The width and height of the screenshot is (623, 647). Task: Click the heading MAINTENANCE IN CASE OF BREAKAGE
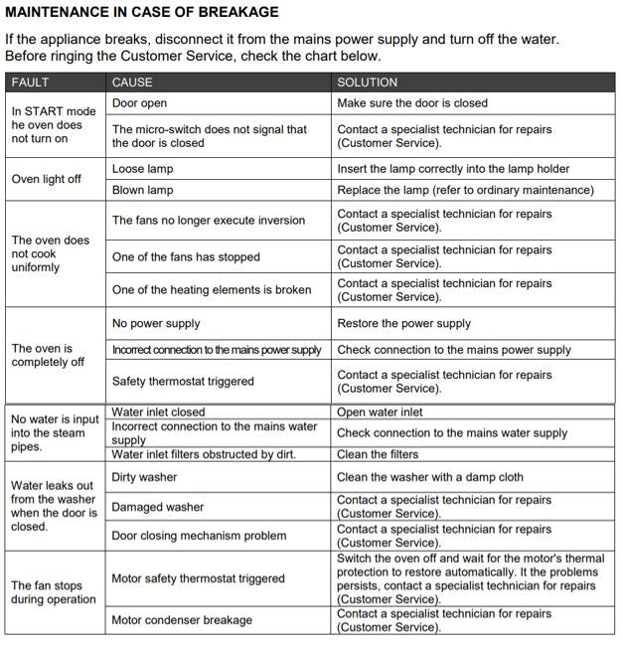(x=142, y=13)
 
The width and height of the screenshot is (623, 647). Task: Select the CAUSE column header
(x=132, y=82)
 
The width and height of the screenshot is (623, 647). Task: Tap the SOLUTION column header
(x=367, y=82)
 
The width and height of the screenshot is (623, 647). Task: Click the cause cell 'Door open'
(x=139, y=103)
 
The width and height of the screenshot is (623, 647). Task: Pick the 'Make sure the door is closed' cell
(x=412, y=103)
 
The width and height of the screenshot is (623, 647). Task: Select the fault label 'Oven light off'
(x=47, y=180)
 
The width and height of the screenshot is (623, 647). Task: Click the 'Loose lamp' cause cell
(x=142, y=170)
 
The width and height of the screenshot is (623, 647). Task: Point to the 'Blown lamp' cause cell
(x=142, y=190)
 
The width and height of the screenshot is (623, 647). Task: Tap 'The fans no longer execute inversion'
(x=209, y=221)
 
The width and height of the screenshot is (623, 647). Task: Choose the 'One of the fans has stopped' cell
(x=186, y=257)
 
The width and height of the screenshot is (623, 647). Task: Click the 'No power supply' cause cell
(x=156, y=324)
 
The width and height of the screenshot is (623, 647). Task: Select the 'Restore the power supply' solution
(x=404, y=324)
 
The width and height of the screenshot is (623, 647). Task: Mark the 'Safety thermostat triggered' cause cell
(x=183, y=382)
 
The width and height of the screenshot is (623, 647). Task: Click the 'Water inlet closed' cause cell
(x=158, y=412)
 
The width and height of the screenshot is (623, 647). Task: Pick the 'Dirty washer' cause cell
(x=145, y=478)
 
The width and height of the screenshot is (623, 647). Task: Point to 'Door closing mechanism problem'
(x=199, y=537)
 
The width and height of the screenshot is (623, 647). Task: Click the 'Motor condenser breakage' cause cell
(x=182, y=620)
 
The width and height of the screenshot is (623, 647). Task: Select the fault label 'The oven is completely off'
(x=48, y=356)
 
